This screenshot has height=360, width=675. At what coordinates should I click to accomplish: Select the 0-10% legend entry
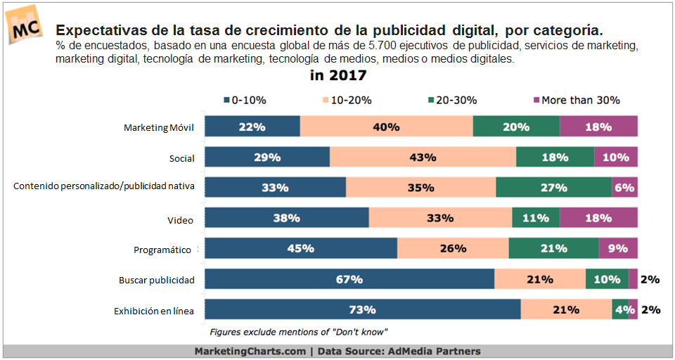[x=245, y=100]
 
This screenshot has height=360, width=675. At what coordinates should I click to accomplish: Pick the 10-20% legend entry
[x=346, y=100]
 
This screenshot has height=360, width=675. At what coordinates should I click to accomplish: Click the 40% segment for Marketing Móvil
[x=386, y=127]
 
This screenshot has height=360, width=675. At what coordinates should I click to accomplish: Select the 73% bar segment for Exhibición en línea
[x=363, y=309]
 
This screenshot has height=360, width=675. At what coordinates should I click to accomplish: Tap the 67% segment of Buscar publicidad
[x=349, y=279]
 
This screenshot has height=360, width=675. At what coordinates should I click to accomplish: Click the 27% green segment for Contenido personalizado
[x=553, y=188]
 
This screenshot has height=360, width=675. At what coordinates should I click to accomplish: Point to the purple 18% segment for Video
[x=598, y=218]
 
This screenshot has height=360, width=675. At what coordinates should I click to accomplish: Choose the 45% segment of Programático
[x=301, y=248]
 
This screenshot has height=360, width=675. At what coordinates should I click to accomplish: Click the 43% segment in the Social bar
[x=423, y=157]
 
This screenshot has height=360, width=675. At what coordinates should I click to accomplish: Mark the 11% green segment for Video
[x=535, y=218]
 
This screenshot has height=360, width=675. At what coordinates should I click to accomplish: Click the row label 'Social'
[x=181, y=158]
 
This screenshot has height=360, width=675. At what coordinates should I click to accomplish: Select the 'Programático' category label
[x=164, y=250]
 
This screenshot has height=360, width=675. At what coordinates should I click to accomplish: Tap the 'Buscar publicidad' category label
[x=156, y=280]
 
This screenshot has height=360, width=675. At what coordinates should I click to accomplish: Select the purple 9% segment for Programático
[x=618, y=248]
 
